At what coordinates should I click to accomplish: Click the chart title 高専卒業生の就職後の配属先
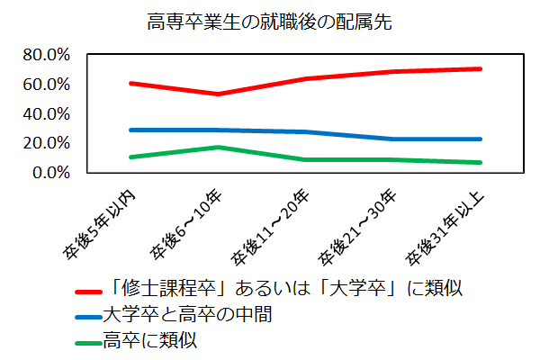pyautogui.click(x=269, y=21)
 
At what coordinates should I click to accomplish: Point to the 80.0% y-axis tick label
pyautogui.click(x=45, y=55)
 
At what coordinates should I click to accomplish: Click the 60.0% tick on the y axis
pyautogui.click(x=45, y=85)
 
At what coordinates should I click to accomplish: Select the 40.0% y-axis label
pyautogui.click(x=45, y=114)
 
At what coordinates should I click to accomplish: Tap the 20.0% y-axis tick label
pyautogui.click(x=45, y=143)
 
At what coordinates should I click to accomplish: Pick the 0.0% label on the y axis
pyautogui.click(x=49, y=173)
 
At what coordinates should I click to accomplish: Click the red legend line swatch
pyautogui.click(x=89, y=292)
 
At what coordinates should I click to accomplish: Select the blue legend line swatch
pyautogui.click(x=89, y=316)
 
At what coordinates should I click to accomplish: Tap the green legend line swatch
pyautogui.click(x=89, y=341)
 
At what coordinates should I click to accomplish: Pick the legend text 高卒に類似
pyautogui.click(x=148, y=341)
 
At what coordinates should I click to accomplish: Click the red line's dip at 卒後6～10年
pyautogui.click(x=217, y=94)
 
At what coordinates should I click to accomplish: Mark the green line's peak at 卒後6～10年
pyautogui.click(x=217, y=147)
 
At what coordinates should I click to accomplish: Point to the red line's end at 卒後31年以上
pyautogui.click(x=481, y=68)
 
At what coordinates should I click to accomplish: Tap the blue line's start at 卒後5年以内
pyautogui.click(x=131, y=130)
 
